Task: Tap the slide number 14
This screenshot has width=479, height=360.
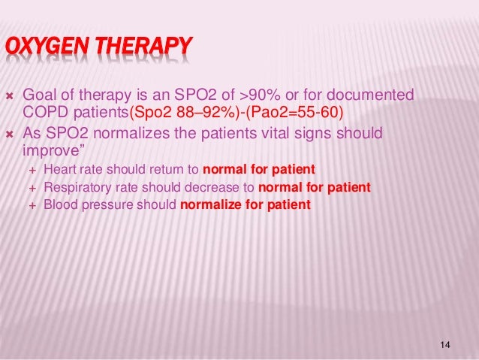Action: click(x=446, y=344)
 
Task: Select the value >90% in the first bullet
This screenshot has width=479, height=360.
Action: click(x=259, y=96)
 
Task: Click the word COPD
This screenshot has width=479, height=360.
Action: click(x=46, y=113)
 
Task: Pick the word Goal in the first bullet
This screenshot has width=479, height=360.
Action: click(x=41, y=96)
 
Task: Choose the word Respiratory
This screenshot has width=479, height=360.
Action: click(x=78, y=186)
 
